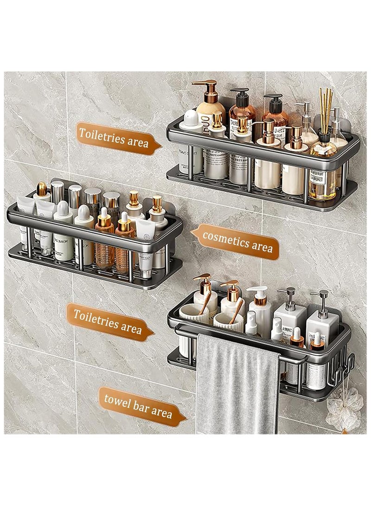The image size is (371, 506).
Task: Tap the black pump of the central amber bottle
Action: [239, 95]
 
